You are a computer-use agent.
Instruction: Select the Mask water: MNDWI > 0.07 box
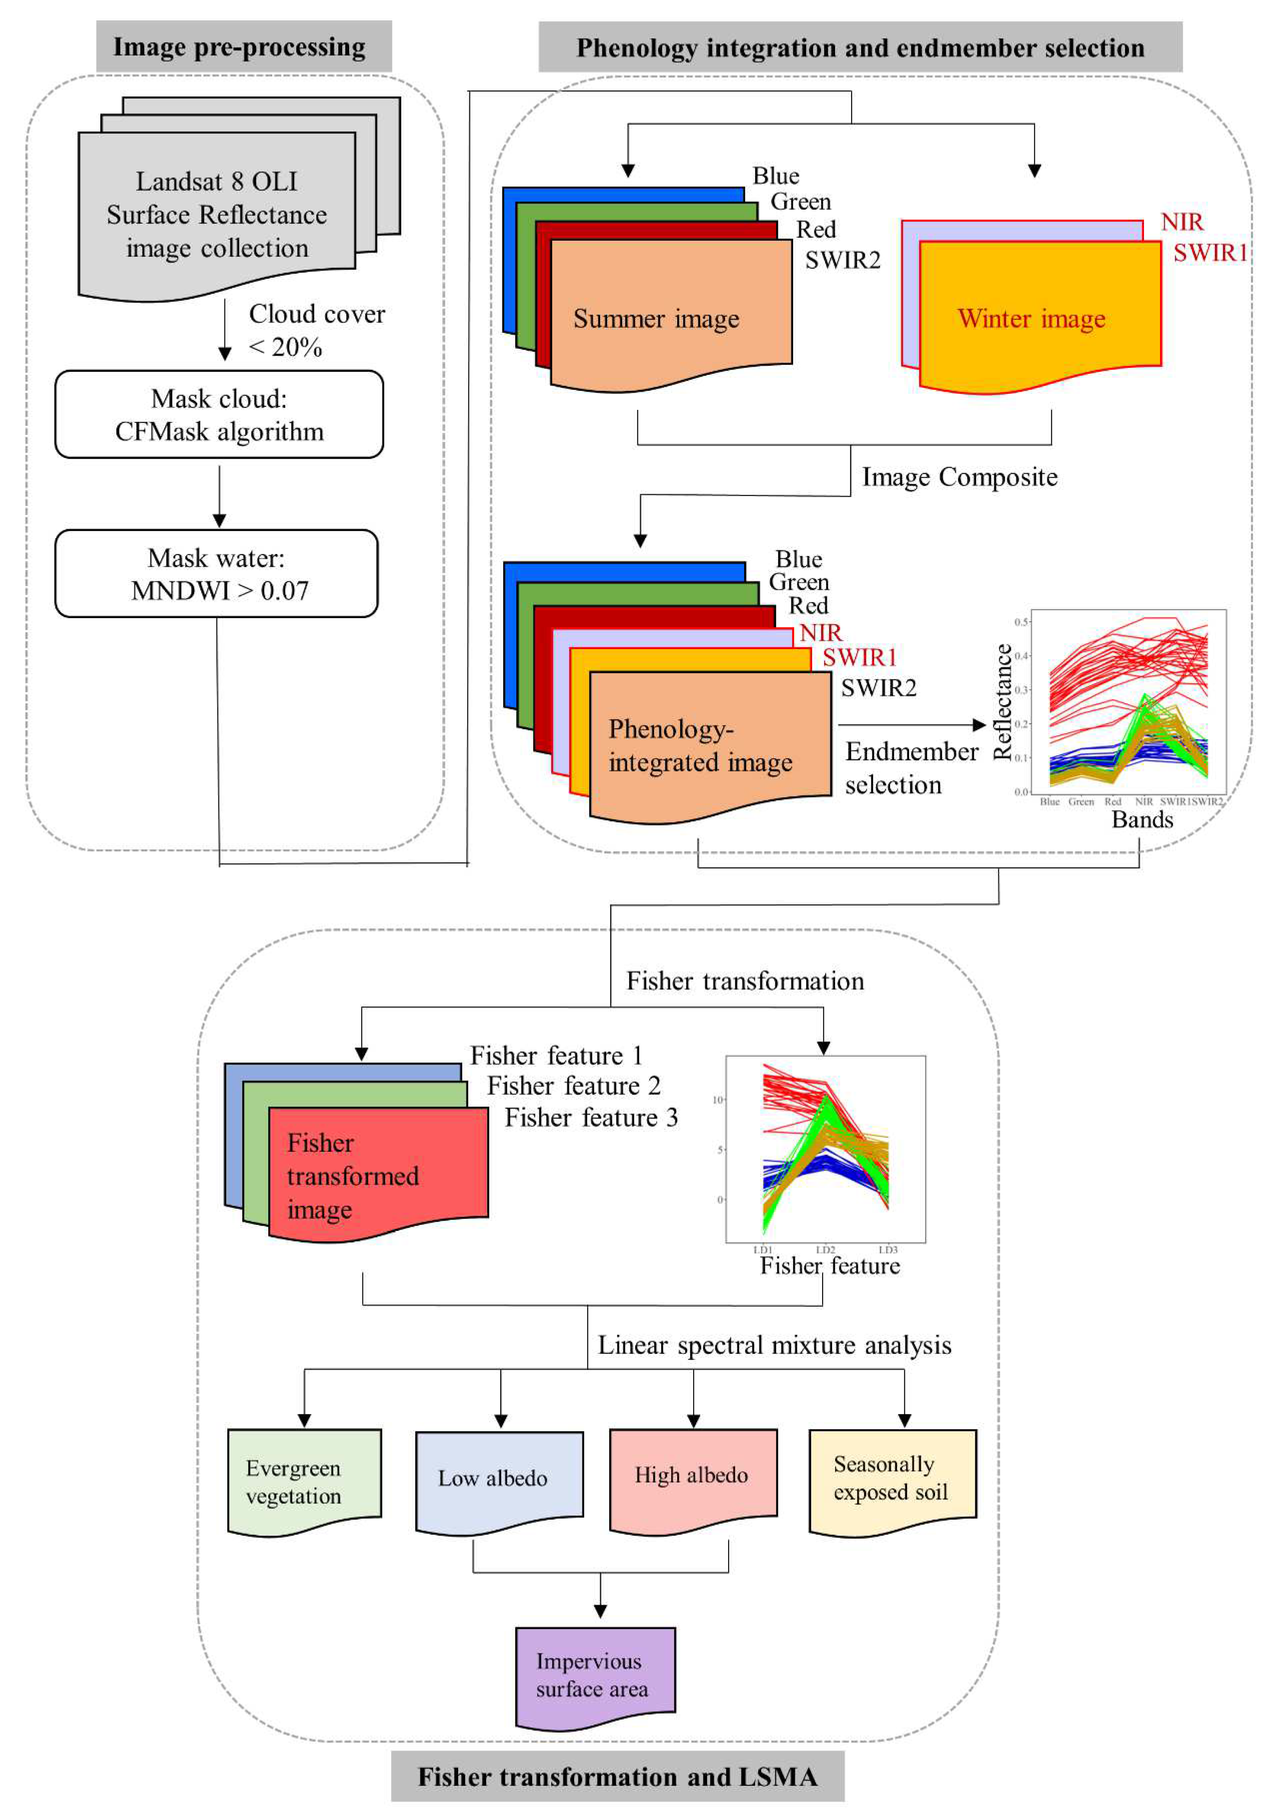click(216, 573)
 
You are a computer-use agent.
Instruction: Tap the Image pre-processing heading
click(239, 47)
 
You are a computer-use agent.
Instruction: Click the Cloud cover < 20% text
click(315, 330)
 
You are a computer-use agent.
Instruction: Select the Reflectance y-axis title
click(1003, 702)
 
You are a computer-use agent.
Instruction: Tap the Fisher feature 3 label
click(591, 1118)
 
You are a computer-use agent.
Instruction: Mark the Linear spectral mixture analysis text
click(774, 1345)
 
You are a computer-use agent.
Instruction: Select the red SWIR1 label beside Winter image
click(1209, 253)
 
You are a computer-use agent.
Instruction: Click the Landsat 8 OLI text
click(216, 181)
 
